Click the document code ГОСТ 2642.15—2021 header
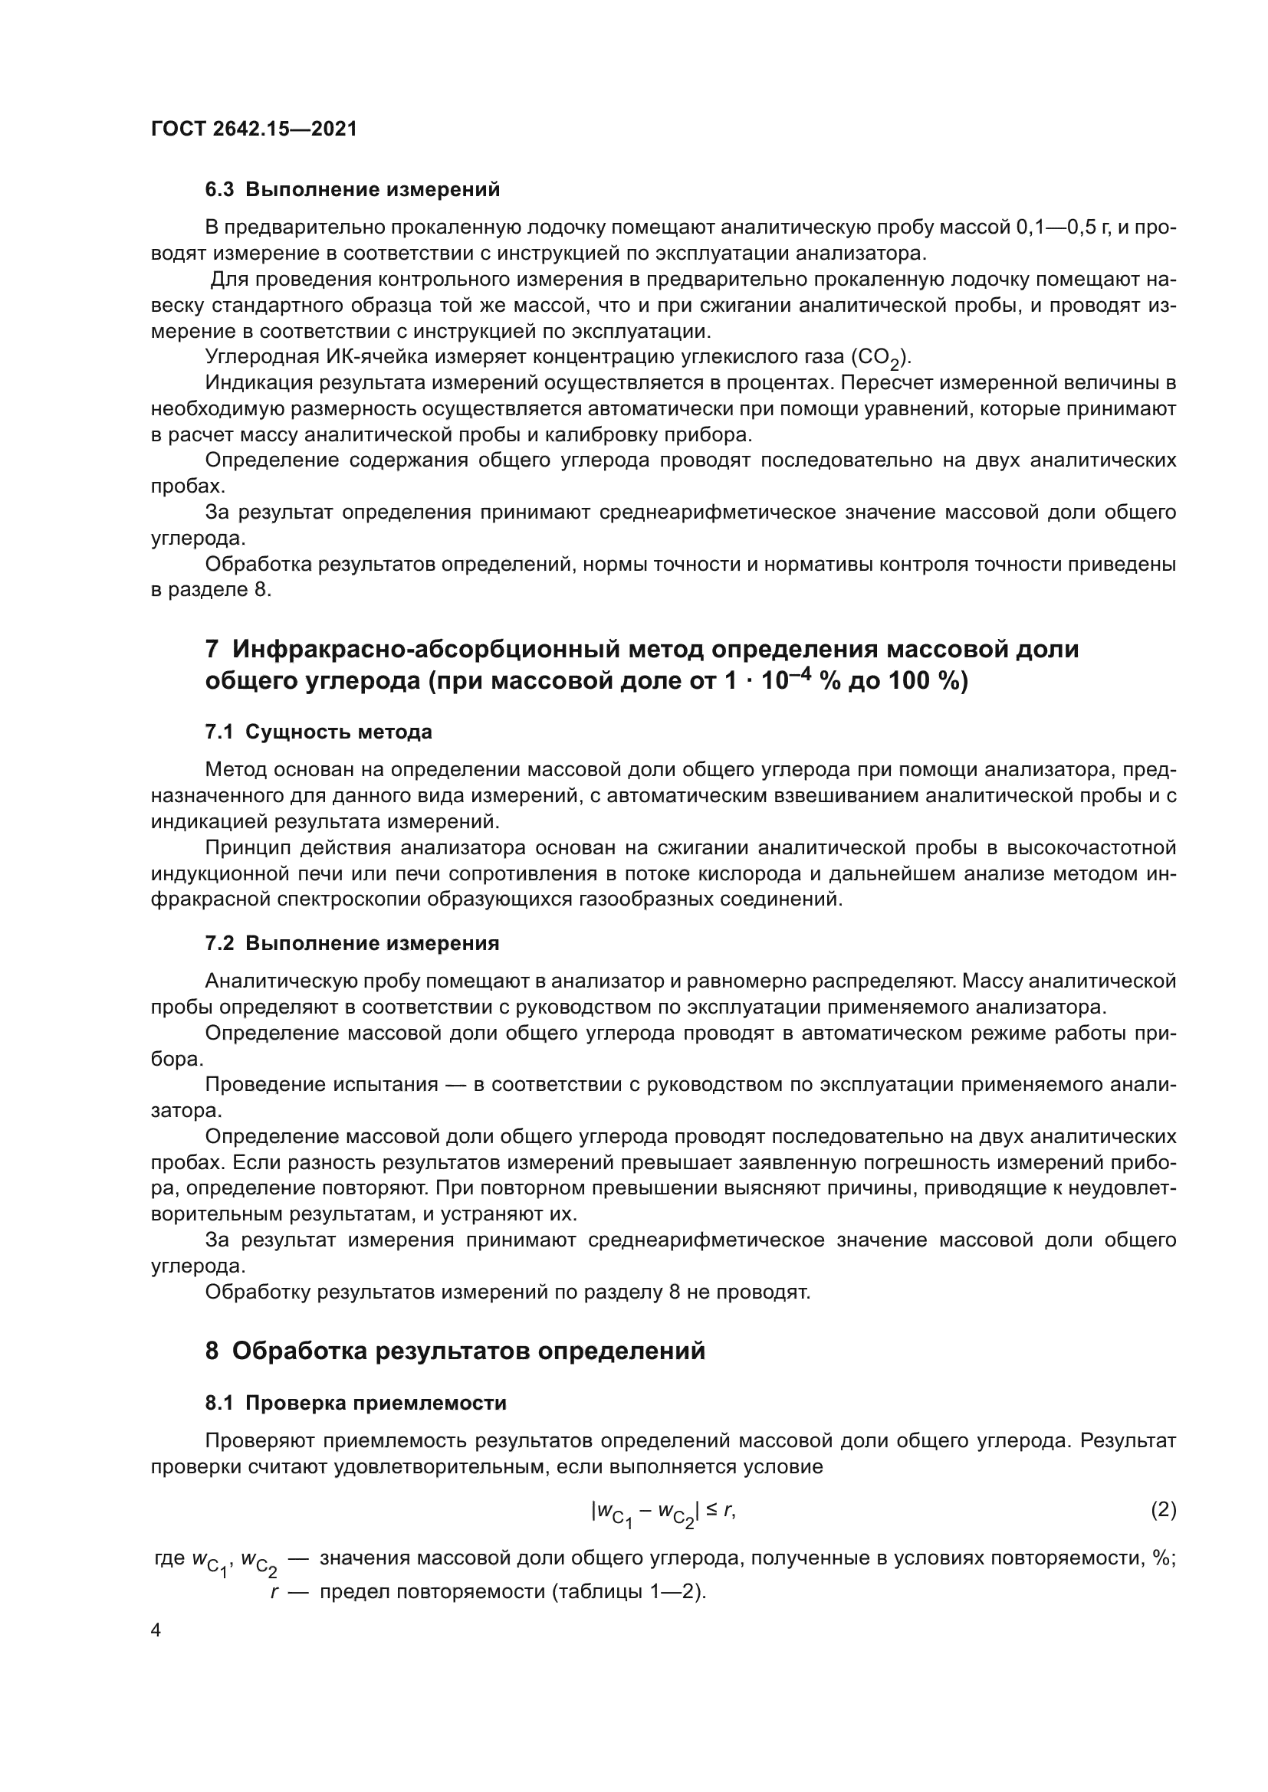click(x=254, y=129)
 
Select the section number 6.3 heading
click(x=218, y=190)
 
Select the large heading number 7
click(x=212, y=650)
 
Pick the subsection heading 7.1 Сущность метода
click(x=318, y=732)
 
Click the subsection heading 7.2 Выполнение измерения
click(x=351, y=944)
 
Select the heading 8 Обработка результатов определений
click(x=455, y=1351)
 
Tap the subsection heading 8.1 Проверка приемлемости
click(x=355, y=1404)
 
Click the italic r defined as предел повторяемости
click(x=274, y=1592)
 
